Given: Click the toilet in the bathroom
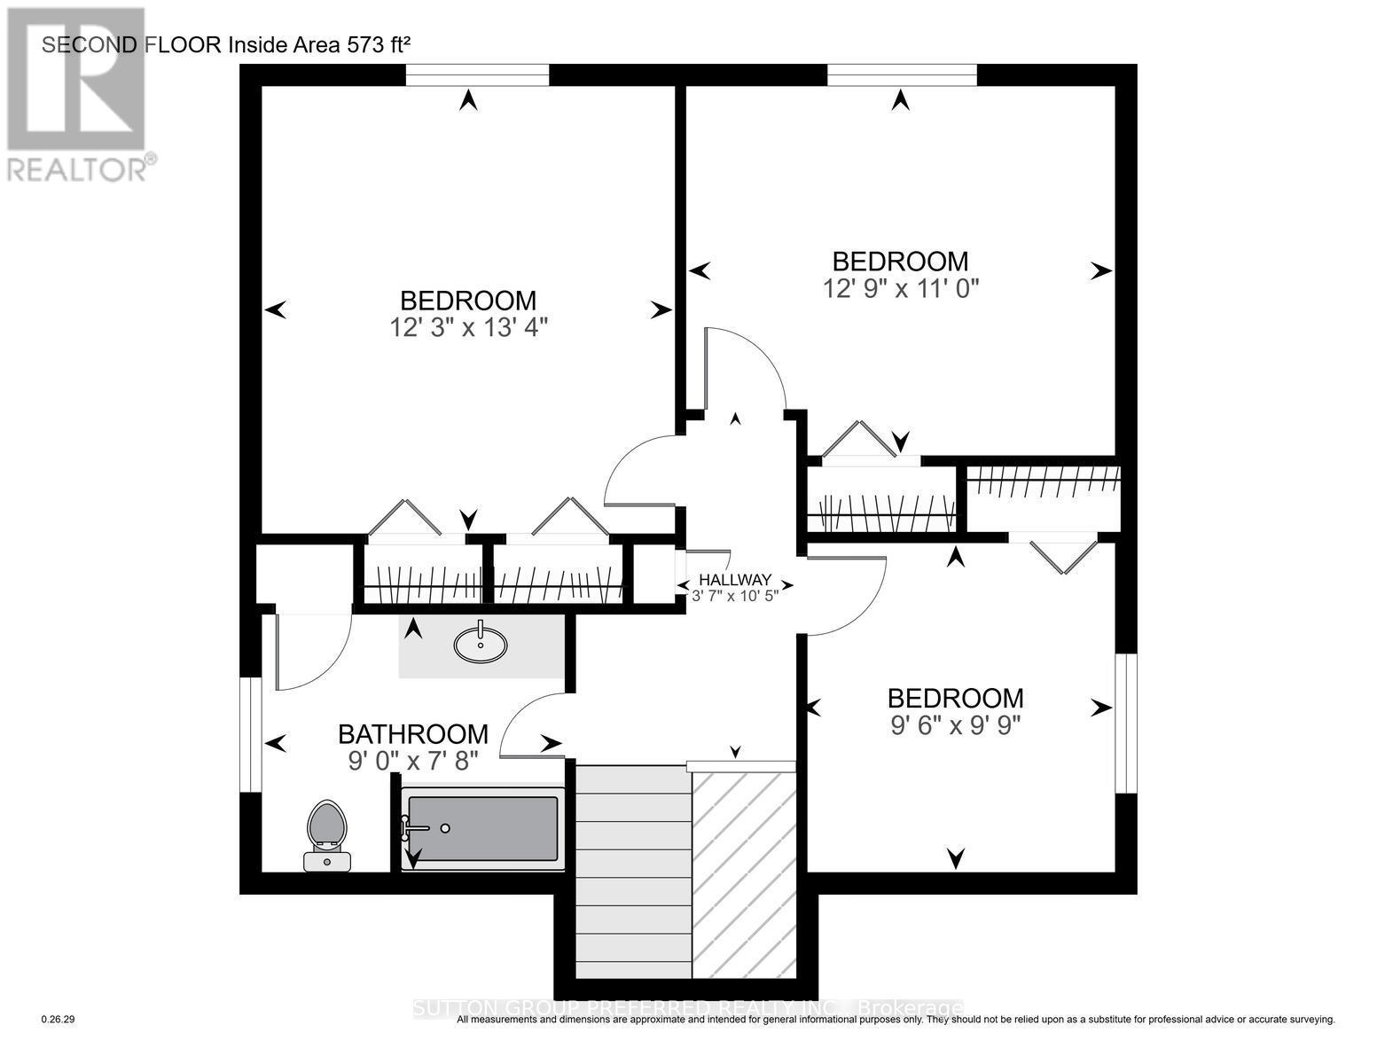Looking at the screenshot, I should (x=327, y=834).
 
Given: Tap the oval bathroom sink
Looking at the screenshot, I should (x=481, y=645).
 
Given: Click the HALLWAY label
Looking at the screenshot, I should (x=735, y=579).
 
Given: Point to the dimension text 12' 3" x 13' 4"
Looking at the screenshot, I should (x=468, y=327).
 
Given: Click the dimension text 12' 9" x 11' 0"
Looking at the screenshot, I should (x=900, y=288).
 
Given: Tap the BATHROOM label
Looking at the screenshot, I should (x=413, y=734).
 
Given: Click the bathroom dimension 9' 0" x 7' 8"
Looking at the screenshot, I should (x=413, y=761).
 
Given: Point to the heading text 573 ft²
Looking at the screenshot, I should (x=364, y=44).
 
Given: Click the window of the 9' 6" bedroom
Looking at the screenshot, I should (x=1126, y=723).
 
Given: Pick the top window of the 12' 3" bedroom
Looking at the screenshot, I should (x=477, y=75).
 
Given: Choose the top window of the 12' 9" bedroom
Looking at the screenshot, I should (x=902, y=75).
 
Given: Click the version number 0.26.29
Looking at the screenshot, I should (x=59, y=1020).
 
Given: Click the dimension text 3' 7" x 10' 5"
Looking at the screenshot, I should (x=735, y=596).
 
